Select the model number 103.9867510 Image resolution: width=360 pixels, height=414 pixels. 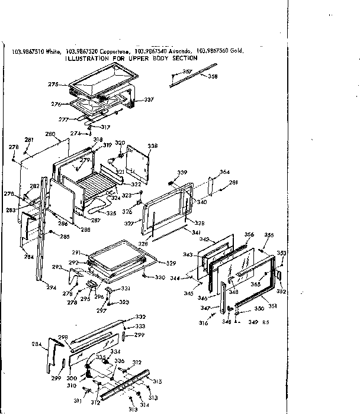(26, 52)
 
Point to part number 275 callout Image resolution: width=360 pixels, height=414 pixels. (53, 85)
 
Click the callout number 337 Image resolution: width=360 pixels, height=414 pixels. (149, 99)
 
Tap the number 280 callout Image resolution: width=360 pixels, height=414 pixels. (50, 134)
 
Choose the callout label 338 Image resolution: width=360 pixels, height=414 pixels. (153, 146)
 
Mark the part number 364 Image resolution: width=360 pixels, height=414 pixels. (224, 172)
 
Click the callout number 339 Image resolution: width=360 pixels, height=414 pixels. (182, 172)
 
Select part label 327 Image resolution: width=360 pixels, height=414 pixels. (130, 224)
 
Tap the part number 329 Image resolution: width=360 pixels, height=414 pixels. (171, 263)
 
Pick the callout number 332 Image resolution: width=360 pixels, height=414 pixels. (140, 317)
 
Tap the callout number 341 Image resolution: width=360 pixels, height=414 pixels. (196, 232)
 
